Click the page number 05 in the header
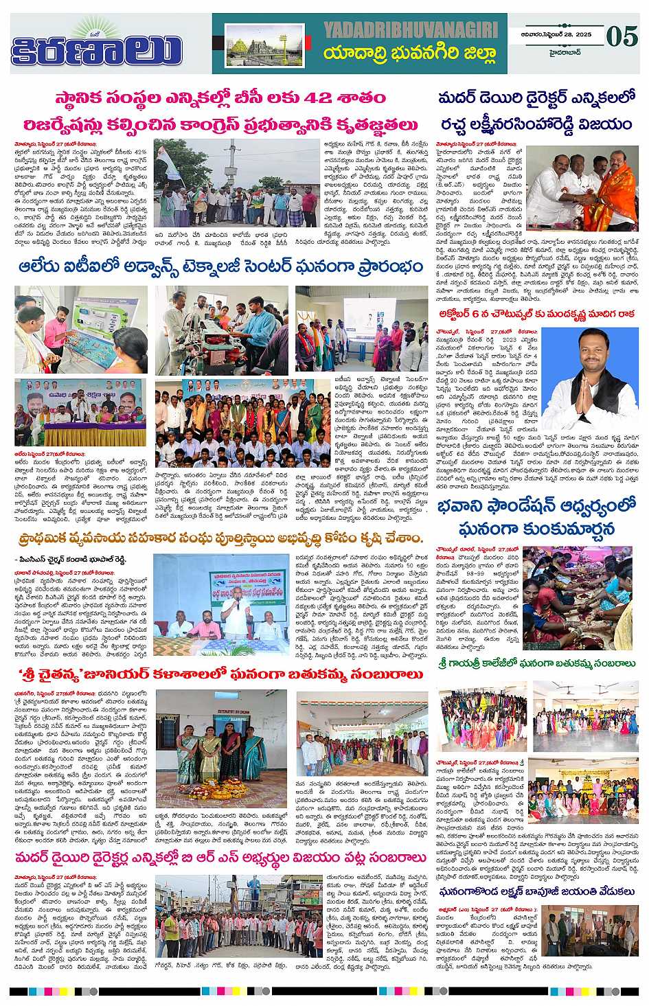pyautogui.click(x=623, y=36)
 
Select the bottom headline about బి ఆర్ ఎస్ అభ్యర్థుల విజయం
pyautogui.click(x=218, y=858)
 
